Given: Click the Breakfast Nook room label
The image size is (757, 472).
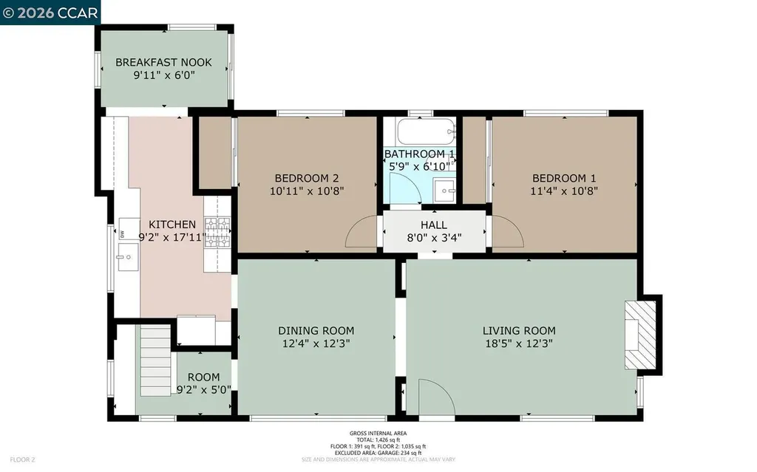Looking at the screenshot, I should (x=163, y=62).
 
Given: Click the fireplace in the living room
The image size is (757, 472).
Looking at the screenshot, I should (x=641, y=333).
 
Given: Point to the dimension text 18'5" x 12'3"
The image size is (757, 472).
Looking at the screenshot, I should (x=518, y=343).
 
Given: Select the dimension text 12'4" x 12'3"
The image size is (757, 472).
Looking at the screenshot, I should (x=316, y=343).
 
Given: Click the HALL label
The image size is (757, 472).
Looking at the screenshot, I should (x=434, y=225).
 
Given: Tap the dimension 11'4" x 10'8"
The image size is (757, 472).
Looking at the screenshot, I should (x=564, y=191).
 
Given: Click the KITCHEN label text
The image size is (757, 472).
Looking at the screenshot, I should (x=172, y=225).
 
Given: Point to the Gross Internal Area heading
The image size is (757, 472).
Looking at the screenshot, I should (x=378, y=434).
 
